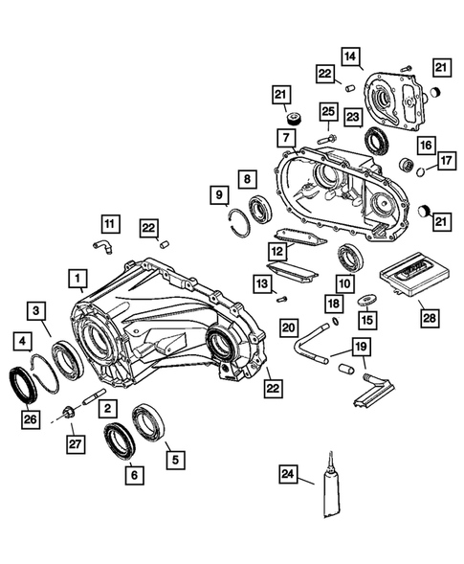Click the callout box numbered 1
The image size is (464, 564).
point(74,278)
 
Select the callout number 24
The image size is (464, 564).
point(287,473)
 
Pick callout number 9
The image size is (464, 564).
point(219,196)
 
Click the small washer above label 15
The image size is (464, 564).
point(366,301)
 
